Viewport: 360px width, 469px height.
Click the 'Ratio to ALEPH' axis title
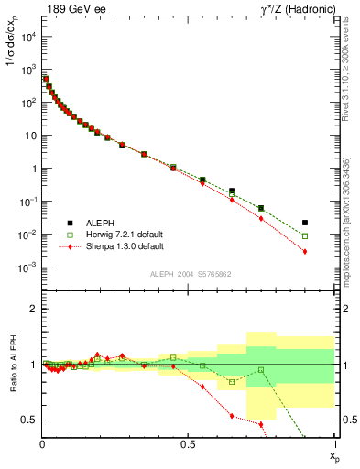(x=12, y=364)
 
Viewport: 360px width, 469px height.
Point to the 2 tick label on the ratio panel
(x=35, y=309)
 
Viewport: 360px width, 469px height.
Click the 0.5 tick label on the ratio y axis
(x=30, y=420)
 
